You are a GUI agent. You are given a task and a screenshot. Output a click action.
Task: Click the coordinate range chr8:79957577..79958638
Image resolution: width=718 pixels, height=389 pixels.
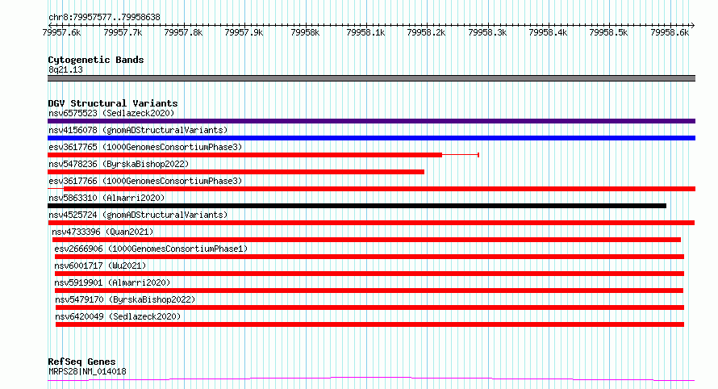104,18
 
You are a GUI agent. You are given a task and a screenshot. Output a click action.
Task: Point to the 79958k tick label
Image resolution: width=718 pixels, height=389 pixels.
305,32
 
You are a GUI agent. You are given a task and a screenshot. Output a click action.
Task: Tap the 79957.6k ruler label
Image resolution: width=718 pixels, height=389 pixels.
61,32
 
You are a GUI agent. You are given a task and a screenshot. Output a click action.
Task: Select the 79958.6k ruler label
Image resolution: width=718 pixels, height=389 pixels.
670,32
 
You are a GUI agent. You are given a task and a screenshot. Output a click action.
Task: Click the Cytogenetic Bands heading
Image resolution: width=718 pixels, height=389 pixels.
96,60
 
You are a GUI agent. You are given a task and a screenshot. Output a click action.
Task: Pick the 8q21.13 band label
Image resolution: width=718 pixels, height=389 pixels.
65,69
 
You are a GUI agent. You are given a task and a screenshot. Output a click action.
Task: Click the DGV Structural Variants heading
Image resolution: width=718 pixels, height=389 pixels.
113,103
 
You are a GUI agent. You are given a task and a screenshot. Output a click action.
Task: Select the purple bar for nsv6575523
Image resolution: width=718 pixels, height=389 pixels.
371,121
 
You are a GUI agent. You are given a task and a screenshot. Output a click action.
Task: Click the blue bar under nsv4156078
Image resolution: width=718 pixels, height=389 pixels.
371,138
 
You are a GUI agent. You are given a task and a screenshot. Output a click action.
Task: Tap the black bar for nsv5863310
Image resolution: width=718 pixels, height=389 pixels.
357,206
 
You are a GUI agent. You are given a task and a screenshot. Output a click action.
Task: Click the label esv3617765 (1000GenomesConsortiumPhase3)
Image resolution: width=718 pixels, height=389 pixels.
145,147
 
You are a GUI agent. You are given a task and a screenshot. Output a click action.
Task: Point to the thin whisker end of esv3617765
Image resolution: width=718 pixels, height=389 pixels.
478,155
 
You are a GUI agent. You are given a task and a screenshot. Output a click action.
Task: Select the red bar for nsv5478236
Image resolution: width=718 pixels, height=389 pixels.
236,172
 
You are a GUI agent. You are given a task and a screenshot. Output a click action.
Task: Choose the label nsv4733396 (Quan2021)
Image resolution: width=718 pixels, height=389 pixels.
102,232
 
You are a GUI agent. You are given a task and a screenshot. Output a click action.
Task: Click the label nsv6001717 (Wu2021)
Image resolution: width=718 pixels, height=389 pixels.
100,266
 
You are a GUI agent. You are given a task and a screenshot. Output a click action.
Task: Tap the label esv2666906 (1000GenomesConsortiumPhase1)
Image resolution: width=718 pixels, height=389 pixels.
151,249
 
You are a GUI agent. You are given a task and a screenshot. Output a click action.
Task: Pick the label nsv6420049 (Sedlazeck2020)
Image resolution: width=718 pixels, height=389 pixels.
118,316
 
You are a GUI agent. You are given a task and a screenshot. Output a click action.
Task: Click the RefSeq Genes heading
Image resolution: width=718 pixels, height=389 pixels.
81,362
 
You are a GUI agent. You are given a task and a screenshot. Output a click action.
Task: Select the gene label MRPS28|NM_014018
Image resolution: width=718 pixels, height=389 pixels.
87,371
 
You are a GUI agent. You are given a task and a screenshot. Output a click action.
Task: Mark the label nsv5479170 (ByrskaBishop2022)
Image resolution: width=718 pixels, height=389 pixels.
126,299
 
